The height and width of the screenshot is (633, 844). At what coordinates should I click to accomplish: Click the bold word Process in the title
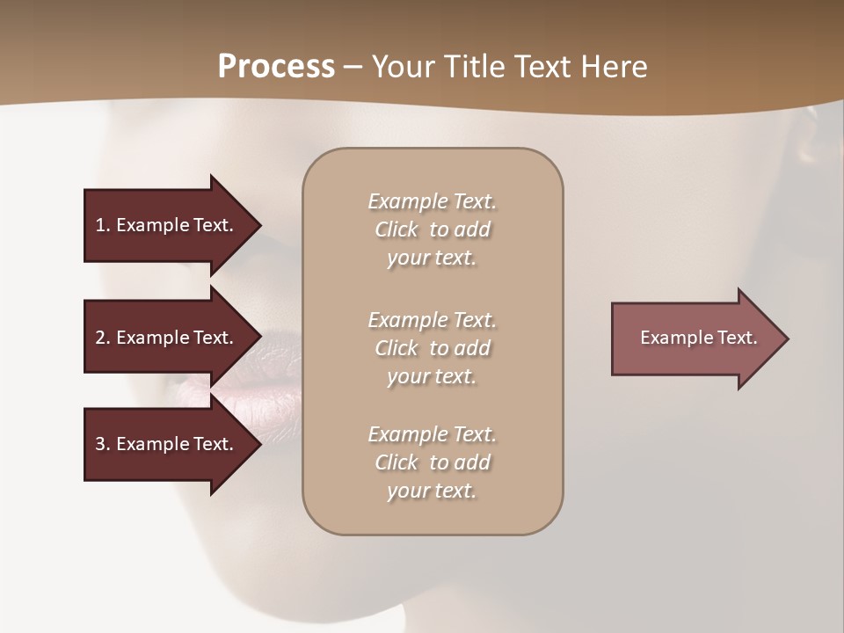pyautogui.click(x=276, y=67)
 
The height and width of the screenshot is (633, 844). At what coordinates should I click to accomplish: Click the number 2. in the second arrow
pyautogui.click(x=102, y=338)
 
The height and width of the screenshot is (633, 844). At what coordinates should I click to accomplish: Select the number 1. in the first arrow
pyautogui.click(x=102, y=225)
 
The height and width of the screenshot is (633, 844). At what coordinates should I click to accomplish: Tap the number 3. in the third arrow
pyautogui.click(x=102, y=444)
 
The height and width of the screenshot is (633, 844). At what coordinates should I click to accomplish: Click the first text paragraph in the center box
pyautogui.click(x=432, y=229)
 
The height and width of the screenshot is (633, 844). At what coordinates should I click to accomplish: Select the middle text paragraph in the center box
pyautogui.click(x=432, y=348)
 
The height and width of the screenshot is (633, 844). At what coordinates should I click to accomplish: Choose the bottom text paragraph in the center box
pyautogui.click(x=432, y=462)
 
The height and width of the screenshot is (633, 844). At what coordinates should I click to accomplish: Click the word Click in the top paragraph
pyautogui.click(x=397, y=229)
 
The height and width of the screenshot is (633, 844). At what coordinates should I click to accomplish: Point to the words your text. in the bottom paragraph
pyautogui.click(x=432, y=491)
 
